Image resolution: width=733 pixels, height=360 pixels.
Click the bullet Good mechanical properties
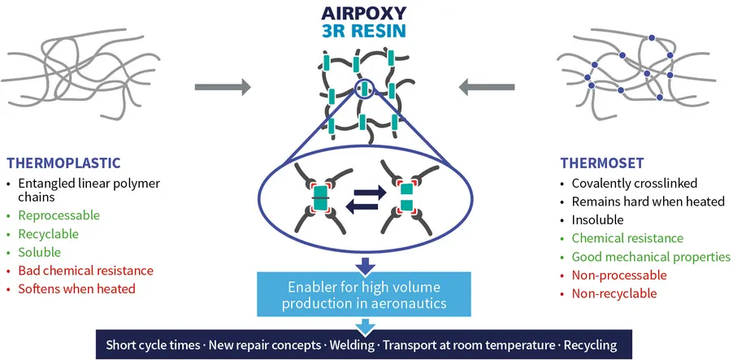pyautogui.click(x=651, y=257)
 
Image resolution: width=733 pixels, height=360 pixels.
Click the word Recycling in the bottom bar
pyautogui.click(x=588, y=345)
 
